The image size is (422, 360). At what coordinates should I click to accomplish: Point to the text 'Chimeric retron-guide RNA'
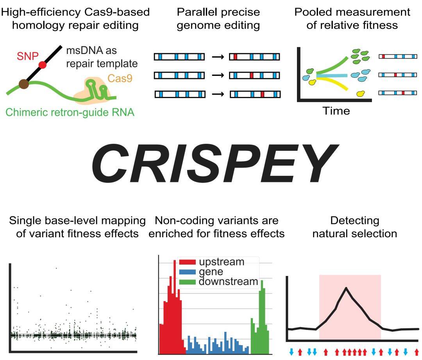tap(70, 113)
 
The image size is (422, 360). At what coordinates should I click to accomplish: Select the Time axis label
tap(336, 111)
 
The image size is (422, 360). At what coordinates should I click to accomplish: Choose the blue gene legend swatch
tap(186, 272)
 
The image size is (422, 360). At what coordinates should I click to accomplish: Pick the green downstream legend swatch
tap(186, 281)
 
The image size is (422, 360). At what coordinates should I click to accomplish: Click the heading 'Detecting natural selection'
tap(354, 227)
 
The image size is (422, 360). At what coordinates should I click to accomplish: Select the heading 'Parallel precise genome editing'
tap(218, 19)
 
